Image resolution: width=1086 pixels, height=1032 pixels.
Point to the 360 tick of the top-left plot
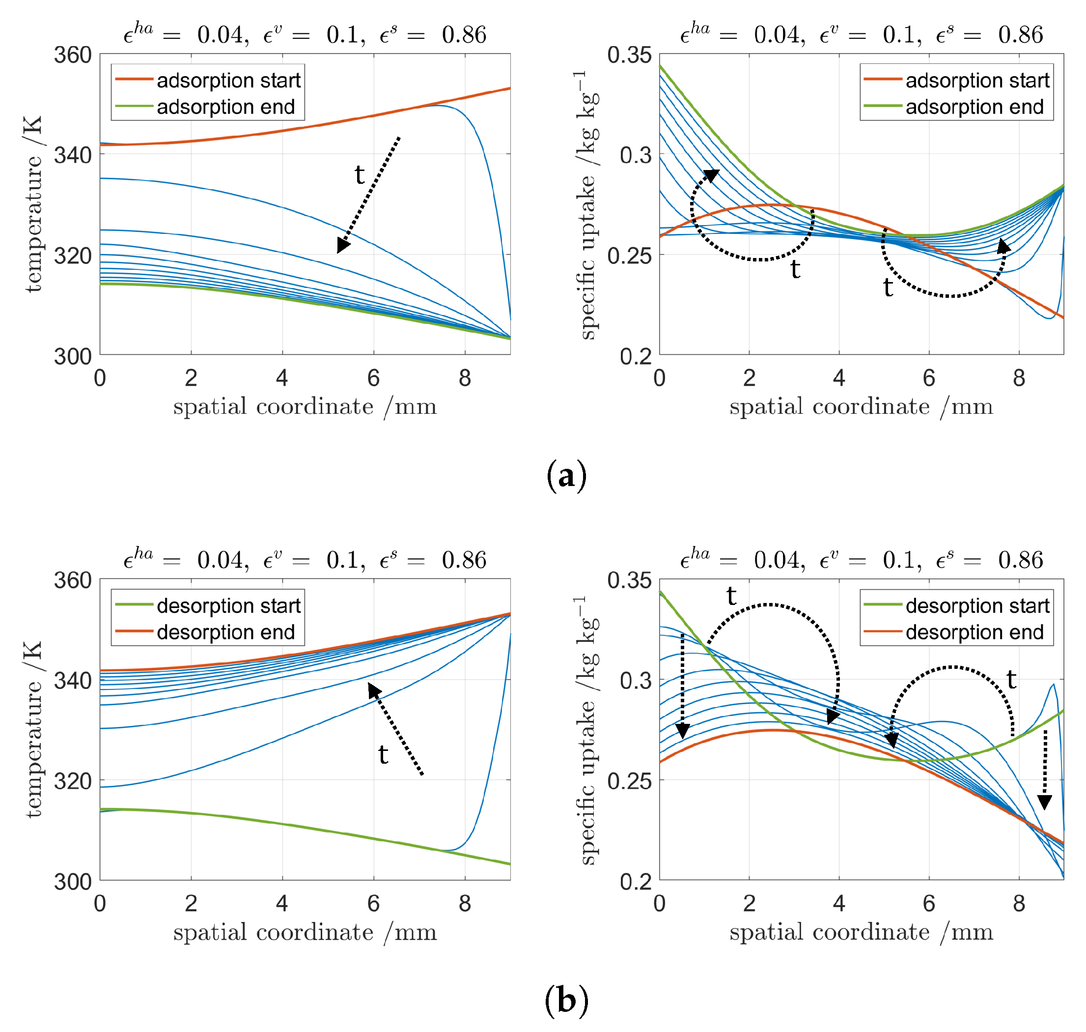[73, 55]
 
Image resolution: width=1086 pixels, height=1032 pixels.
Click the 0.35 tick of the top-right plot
[630, 55]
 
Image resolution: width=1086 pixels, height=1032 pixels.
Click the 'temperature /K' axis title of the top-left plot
[33, 204]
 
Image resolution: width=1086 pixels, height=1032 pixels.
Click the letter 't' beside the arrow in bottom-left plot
[383, 754]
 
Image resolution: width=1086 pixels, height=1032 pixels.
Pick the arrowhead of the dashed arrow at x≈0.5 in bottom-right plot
[682, 731]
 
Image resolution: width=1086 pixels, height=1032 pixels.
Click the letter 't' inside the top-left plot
[359, 174]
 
